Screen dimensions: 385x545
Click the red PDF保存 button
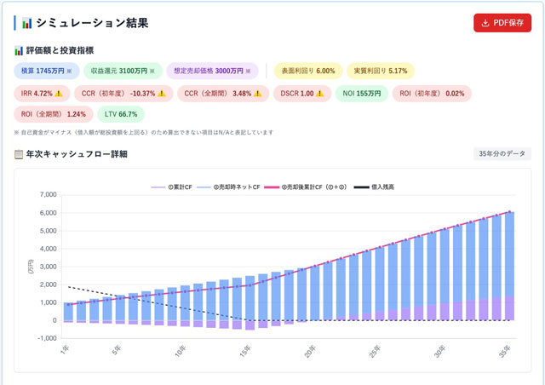tap(502, 23)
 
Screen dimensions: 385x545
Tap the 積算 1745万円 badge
tap(47, 71)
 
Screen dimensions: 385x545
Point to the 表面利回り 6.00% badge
tap(307, 71)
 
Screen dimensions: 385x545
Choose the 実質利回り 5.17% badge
tap(381, 71)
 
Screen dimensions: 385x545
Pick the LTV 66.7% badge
tap(120, 113)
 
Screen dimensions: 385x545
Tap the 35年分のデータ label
tap(502, 154)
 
